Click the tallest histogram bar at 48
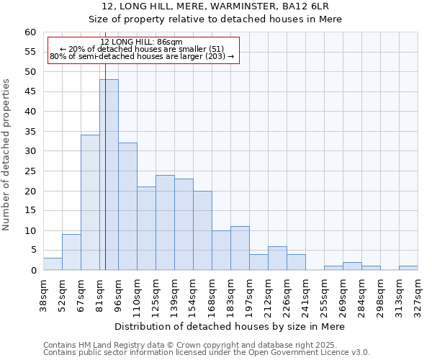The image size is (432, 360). pos(109,175)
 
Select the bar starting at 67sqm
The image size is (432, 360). pos(90,202)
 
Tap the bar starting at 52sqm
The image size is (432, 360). pos(71,252)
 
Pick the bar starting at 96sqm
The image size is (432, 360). pos(127,207)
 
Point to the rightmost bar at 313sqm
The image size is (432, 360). pos(408,268)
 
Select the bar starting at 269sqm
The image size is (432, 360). pos(352,266)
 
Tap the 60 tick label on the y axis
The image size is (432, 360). pos(30,32)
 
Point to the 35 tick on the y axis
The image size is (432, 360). pos(30,132)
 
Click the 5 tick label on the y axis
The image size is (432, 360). pos(33,251)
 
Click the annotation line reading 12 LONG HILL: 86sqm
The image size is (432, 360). pos(142,42)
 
